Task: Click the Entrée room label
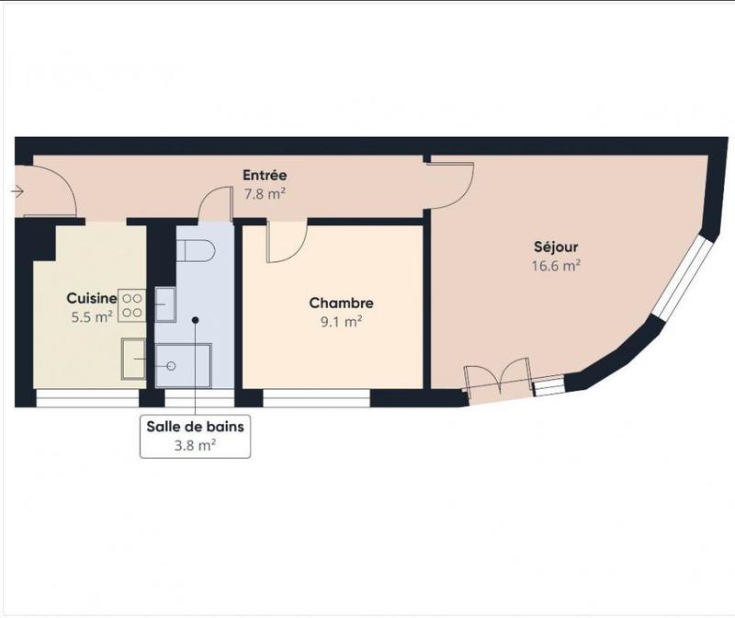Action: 265,175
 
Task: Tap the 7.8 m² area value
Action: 265,193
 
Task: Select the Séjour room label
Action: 557,246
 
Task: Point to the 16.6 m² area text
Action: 557,265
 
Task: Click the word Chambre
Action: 341,303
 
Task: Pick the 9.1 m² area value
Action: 341,321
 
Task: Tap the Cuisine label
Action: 91,298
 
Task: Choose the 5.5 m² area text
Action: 91,316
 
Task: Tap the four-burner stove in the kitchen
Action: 132,304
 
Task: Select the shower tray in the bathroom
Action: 184,363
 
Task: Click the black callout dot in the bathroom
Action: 195,320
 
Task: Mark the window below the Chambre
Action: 316,397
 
